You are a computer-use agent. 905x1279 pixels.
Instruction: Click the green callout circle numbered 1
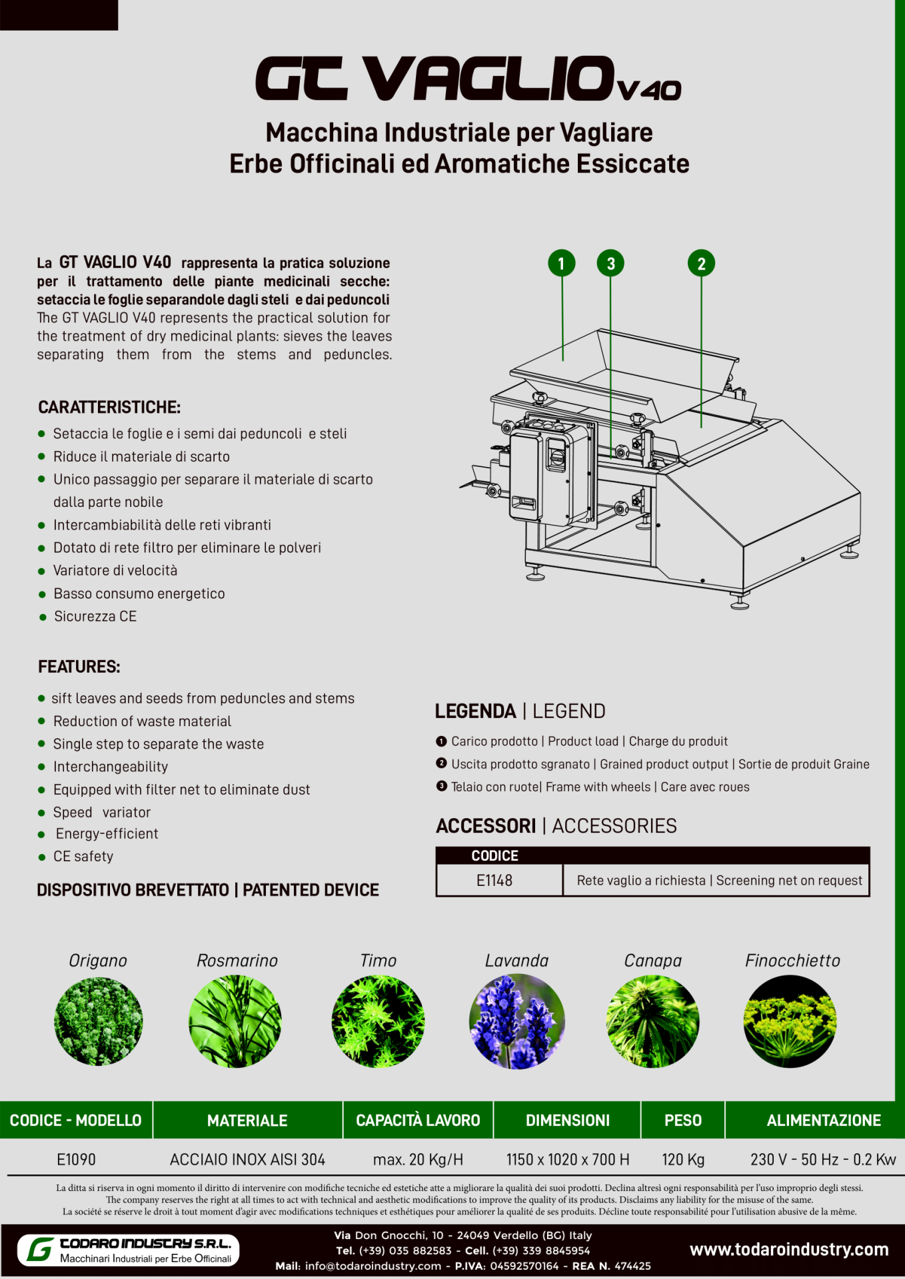561,263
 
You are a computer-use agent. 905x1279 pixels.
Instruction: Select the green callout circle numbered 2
701,263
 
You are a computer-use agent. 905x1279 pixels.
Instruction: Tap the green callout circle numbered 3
610,263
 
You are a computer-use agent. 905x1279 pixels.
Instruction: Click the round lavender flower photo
517,1021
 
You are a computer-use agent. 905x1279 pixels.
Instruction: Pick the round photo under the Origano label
99,1021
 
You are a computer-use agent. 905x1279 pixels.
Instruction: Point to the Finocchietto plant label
792,961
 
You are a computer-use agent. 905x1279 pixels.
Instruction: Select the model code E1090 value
77,1160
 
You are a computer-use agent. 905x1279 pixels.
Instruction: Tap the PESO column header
683,1120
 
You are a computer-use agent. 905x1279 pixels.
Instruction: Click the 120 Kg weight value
683,1160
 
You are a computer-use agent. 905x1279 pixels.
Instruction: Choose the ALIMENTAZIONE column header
824,1120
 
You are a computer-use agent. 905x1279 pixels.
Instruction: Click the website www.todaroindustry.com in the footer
789,1250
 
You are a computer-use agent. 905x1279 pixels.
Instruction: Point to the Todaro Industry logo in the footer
128,1250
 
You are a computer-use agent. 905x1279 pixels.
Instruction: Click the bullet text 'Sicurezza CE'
95,616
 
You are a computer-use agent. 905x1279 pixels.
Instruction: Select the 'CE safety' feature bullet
83,857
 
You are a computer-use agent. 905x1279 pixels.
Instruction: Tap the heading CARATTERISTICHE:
109,407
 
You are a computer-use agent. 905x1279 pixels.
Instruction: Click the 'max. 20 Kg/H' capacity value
418,1160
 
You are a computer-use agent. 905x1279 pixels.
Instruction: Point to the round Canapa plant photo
653,1021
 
